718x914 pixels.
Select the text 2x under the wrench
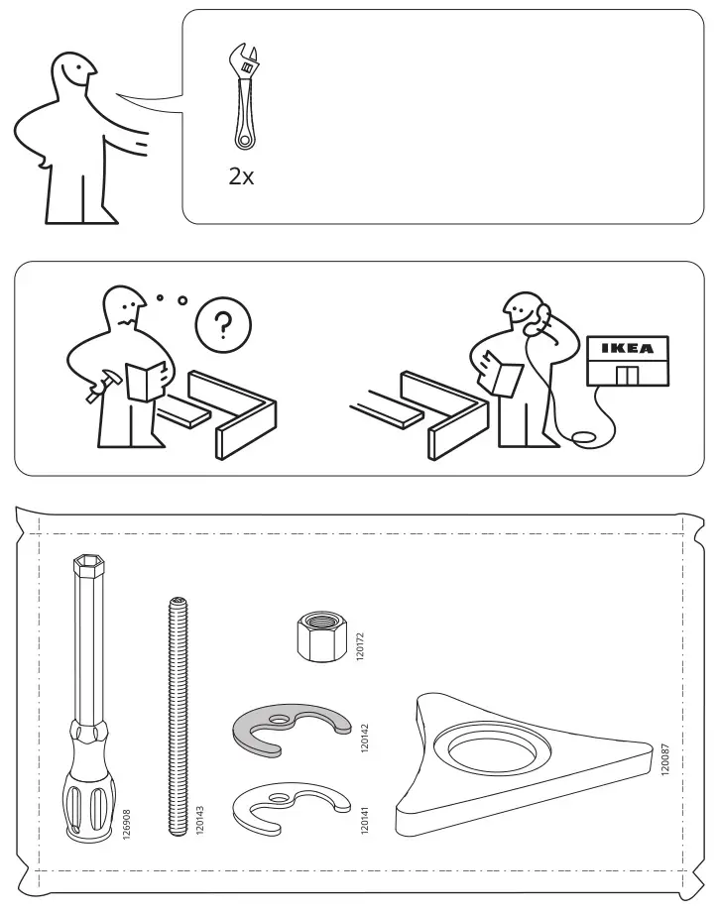(241, 177)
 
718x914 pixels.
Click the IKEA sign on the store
(627, 348)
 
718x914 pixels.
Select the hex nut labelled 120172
(319, 633)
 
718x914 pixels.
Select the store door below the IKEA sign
(627, 376)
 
